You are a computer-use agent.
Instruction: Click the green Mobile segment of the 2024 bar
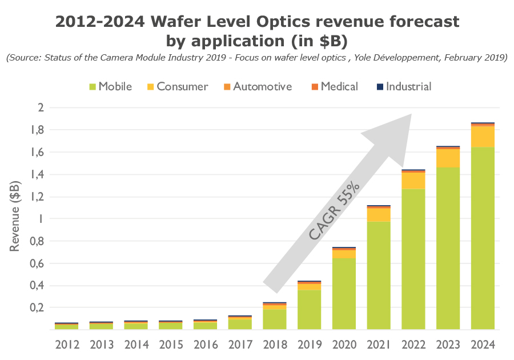pyautogui.click(x=482, y=238)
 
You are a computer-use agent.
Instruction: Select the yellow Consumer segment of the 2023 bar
pyautogui.click(x=448, y=158)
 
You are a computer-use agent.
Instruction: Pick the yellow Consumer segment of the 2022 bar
pyautogui.click(x=413, y=181)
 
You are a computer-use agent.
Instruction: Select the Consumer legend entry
pyautogui.click(x=176, y=87)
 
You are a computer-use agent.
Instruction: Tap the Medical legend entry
pyautogui.click(x=334, y=87)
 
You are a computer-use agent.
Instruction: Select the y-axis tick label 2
pyautogui.click(x=40, y=107)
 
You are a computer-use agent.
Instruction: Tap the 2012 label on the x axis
pyautogui.click(x=67, y=345)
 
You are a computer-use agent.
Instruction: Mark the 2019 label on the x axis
pyautogui.click(x=309, y=345)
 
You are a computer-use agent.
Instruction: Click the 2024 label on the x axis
pyautogui.click(x=482, y=345)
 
